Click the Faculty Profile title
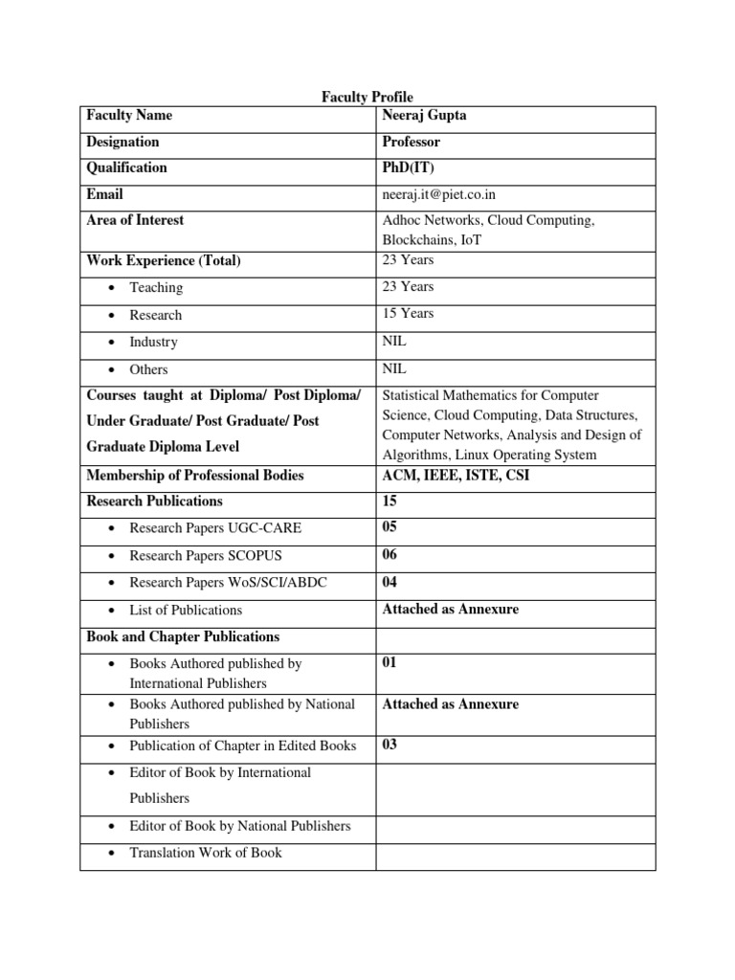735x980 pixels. tap(367, 98)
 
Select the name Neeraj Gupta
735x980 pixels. tap(424, 115)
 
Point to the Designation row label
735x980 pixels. tap(122, 142)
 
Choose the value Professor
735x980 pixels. tap(411, 142)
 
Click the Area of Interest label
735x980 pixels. tap(135, 220)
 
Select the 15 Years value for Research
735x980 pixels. tap(407, 313)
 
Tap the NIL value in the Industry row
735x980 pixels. tap(394, 341)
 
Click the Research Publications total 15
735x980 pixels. tap(390, 501)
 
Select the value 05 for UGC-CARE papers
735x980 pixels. tap(390, 527)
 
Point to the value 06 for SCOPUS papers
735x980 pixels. tap(390, 555)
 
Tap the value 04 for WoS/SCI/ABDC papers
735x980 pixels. tap(390, 582)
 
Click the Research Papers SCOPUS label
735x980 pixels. tap(206, 556)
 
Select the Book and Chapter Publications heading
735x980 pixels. tap(183, 636)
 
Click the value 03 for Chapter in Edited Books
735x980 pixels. tap(390, 746)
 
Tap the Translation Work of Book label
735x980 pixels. tap(206, 853)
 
